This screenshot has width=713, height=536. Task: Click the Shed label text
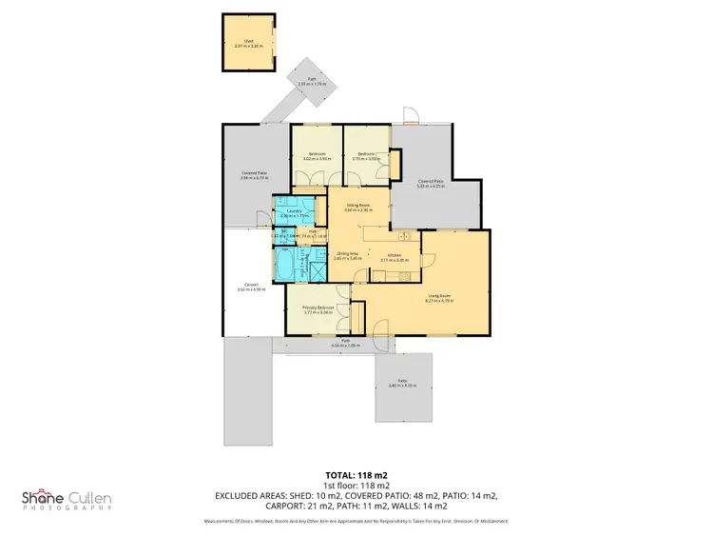248,43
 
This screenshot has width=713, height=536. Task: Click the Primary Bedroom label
318,309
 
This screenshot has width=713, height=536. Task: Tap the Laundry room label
294,212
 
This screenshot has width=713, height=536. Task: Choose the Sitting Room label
357,208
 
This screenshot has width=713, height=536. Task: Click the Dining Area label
348,255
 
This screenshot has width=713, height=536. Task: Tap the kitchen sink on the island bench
403,235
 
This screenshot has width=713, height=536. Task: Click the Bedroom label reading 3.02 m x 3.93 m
316,156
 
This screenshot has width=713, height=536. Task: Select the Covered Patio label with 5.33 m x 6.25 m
432,184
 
